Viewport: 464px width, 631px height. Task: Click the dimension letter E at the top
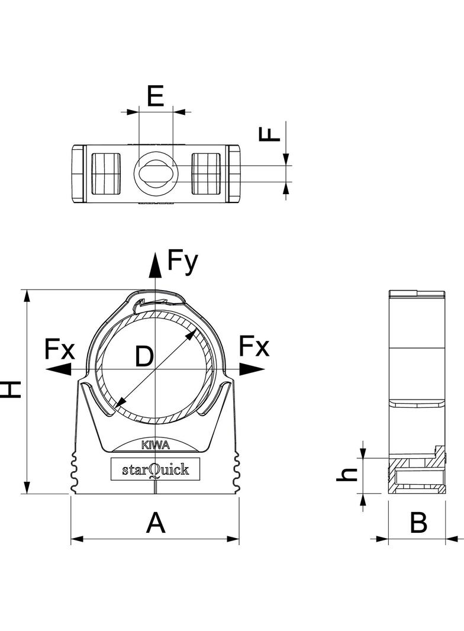pyautogui.click(x=155, y=96)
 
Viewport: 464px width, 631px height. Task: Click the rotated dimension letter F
pyautogui.click(x=270, y=133)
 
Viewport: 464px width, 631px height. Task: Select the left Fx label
pyautogui.click(x=60, y=350)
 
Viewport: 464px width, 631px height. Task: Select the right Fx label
pyautogui.click(x=254, y=347)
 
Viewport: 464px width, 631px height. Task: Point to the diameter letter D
pyautogui.click(x=144, y=357)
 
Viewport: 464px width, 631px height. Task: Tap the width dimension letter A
pyautogui.click(x=155, y=523)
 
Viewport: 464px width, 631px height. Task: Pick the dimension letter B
pyautogui.click(x=418, y=523)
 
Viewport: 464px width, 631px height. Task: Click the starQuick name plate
pyautogui.click(x=155, y=469)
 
